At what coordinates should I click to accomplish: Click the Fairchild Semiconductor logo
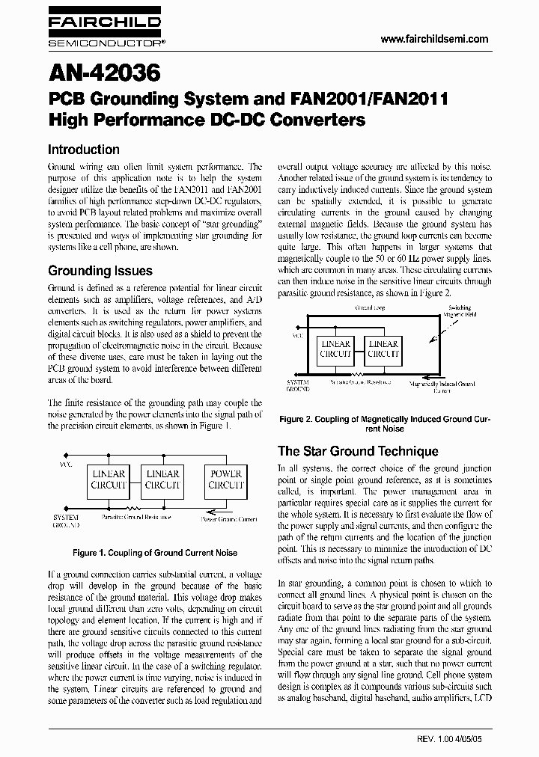[104, 34]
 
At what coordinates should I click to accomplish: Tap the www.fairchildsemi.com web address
[434, 40]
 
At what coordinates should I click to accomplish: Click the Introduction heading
[83, 150]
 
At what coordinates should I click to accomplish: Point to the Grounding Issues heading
[100, 271]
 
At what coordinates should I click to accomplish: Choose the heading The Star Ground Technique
[358, 451]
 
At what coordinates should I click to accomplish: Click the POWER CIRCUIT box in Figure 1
[225, 479]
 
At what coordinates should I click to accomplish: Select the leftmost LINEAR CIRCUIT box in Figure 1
[109, 479]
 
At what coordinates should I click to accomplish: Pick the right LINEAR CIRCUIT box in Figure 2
[384, 349]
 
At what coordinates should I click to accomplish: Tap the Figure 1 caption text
[155, 553]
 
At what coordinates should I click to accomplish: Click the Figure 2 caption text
[385, 423]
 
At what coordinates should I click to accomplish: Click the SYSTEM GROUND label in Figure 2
[299, 385]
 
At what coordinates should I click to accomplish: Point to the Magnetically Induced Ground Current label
[442, 386]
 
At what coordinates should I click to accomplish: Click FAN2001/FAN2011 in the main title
[366, 99]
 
